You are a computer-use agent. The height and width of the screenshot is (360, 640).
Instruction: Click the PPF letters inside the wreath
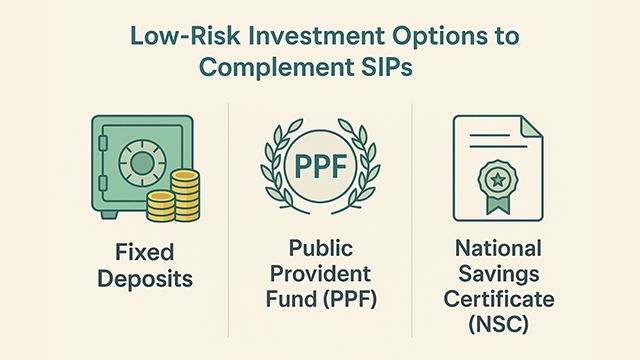[318, 164]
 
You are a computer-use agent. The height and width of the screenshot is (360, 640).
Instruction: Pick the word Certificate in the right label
[499, 299]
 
